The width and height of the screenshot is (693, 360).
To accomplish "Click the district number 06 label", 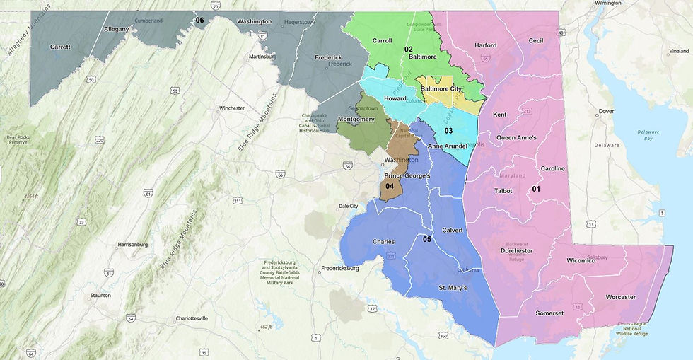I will [x=199, y=21].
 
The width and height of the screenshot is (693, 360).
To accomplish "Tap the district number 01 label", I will [x=536, y=189].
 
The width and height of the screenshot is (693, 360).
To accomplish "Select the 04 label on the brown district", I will [x=389, y=186].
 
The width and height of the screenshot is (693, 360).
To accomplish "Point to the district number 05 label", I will [x=427, y=240].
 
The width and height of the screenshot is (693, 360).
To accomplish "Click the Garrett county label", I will [x=59, y=47].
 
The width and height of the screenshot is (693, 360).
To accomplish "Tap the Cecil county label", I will [x=535, y=41].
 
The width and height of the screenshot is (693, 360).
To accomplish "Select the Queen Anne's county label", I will [x=516, y=137].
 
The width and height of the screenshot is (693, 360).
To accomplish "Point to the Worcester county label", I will [x=621, y=297].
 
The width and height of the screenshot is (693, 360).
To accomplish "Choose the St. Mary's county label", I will [x=452, y=288].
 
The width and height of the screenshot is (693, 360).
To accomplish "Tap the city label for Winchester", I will [x=231, y=108].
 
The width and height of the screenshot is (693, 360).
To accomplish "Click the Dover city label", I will [x=606, y=112].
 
